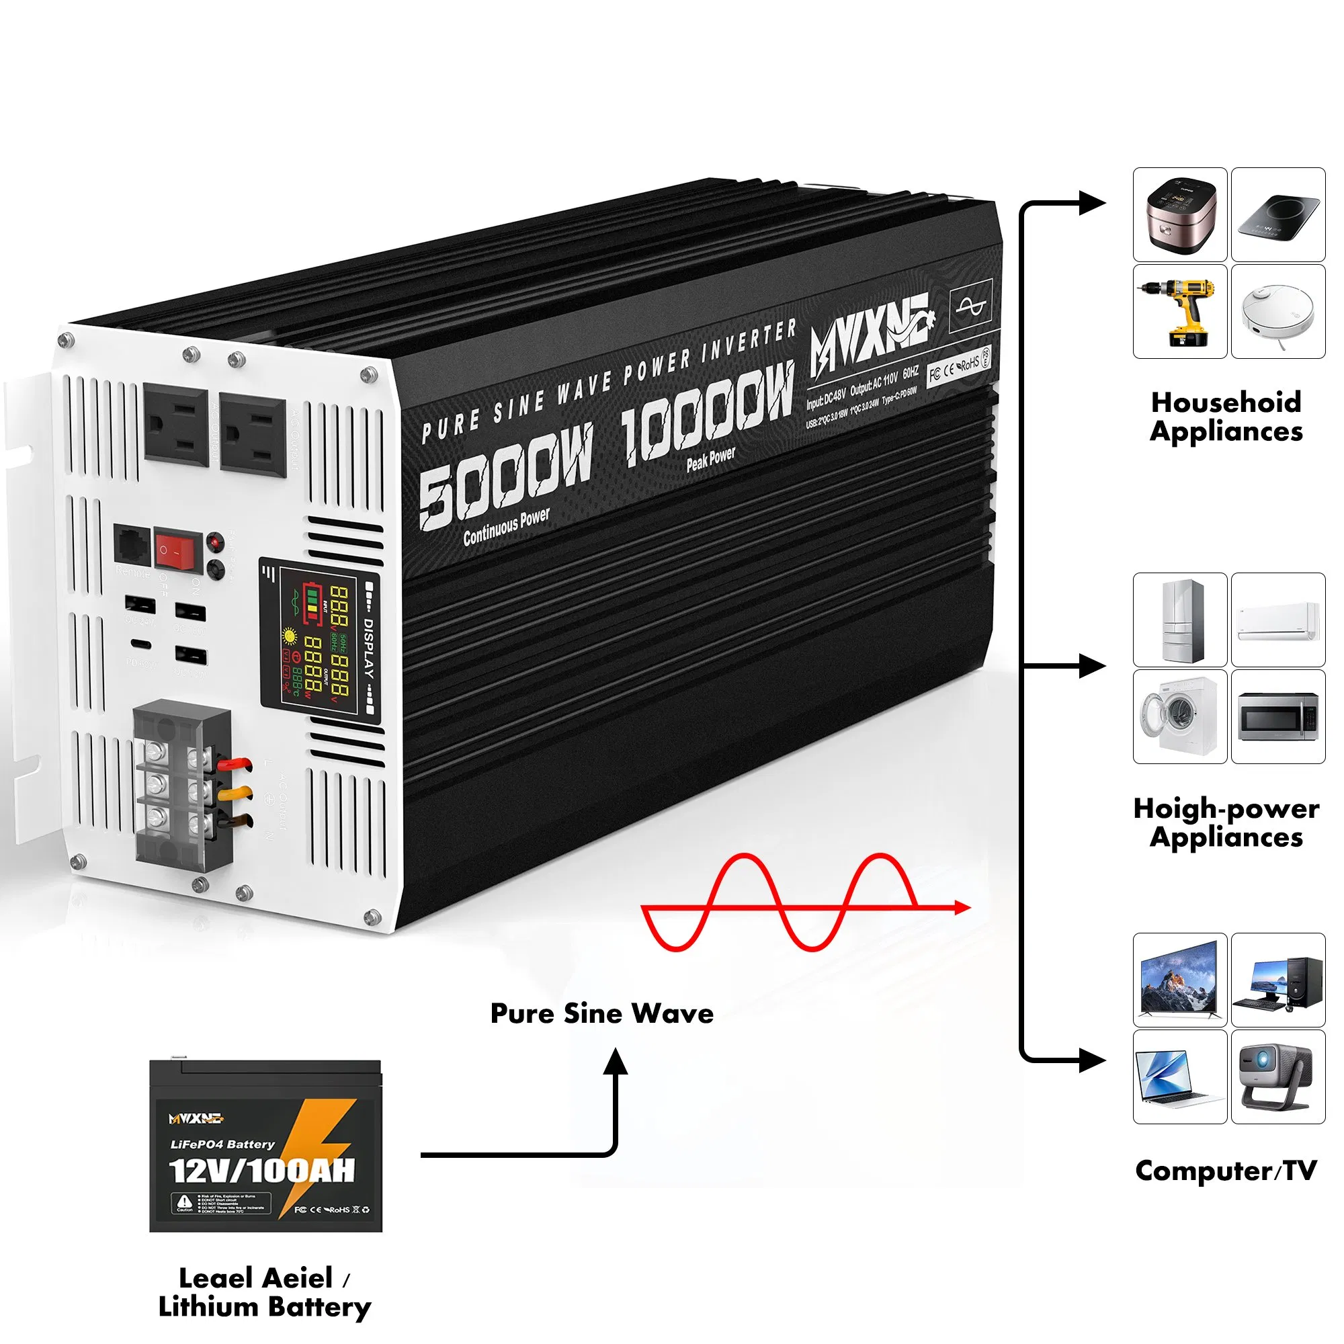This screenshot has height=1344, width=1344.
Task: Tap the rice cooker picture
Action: (1179, 214)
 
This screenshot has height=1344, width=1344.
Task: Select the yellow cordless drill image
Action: (1179, 312)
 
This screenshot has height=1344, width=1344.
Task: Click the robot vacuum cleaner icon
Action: (1279, 312)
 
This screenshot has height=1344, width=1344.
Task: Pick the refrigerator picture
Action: (1179, 620)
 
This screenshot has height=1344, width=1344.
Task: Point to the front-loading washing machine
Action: (1179, 716)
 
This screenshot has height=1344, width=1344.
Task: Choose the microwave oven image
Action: (1279, 716)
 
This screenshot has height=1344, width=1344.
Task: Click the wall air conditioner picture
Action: (1279, 620)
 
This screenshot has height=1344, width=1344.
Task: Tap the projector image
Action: (1279, 1077)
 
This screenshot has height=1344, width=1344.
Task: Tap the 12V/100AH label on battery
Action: (262, 1171)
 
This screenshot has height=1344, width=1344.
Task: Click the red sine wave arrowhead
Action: (963, 907)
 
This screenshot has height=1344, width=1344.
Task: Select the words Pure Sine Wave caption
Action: (601, 1013)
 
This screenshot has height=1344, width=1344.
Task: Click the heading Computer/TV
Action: (1226, 1171)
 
